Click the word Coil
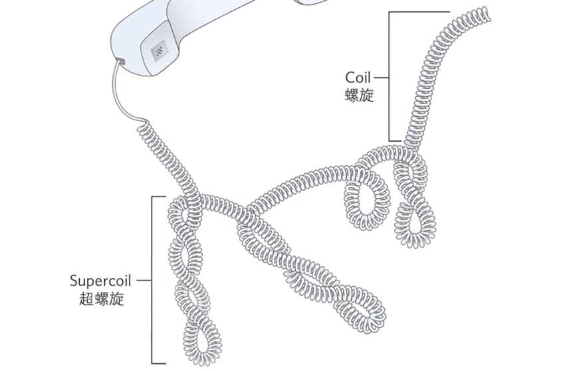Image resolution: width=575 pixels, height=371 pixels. point(358,78)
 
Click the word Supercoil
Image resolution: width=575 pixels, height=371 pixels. point(102,280)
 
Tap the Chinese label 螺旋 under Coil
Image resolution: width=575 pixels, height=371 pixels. point(359,95)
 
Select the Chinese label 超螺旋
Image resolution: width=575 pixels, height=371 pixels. point(102,298)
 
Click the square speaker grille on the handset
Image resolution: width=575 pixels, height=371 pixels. point(160,51)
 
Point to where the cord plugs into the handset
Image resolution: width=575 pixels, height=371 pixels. point(120,62)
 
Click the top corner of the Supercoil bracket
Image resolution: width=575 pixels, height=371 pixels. point(153,197)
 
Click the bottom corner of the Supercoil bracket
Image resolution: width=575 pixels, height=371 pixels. point(153,362)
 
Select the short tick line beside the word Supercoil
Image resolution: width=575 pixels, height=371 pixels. point(144,280)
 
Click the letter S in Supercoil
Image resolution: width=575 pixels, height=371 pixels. point(74,280)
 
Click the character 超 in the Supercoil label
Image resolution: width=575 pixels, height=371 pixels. point(86,298)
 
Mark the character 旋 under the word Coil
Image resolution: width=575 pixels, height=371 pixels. point(367,95)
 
